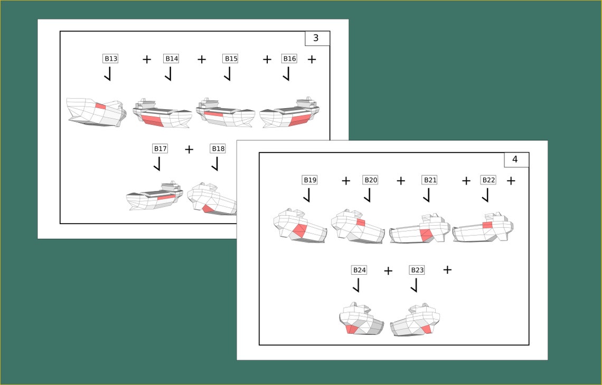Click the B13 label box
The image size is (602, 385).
coord(110,59)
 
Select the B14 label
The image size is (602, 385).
coord(171,59)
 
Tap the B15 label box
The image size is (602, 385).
coord(231,59)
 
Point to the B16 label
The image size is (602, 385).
coord(289,59)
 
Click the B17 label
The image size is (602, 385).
coord(160,148)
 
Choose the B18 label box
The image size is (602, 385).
coord(218,148)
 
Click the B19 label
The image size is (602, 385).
coord(310,180)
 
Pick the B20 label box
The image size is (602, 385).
coord(371,180)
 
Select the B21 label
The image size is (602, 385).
coord(430,180)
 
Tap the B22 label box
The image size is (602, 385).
coord(488,180)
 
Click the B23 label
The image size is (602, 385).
coord(417,270)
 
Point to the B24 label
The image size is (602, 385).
coord(360,270)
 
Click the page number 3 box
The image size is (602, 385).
coord(317,38)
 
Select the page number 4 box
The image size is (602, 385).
coord(516,159)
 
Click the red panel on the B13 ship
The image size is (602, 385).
coord(100,106)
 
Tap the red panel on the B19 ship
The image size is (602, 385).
coord(299,231)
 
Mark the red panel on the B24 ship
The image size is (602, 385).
coord(351,329)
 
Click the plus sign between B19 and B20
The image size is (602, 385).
coord(346,180)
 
